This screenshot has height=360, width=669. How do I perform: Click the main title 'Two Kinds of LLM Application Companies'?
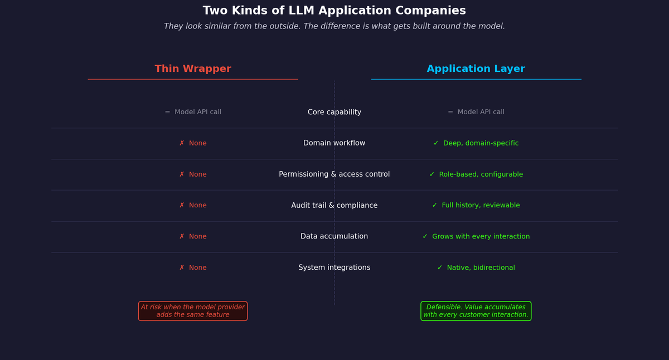(x=334, y=11)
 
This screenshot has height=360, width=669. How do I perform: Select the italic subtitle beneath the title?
(x=334, y=27)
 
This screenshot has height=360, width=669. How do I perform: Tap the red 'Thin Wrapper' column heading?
(x=193, y=69)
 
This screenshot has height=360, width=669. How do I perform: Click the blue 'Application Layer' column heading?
(x=476, y=69)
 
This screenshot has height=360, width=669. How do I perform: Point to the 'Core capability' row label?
(x=334, y=113)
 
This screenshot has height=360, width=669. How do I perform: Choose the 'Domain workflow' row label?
(x=334, y=143)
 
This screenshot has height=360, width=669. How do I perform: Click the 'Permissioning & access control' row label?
(x=334, y=174)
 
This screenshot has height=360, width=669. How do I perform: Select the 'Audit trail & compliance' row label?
(x=334, y=206)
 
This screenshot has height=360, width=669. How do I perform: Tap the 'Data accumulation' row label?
(x=334, y=237)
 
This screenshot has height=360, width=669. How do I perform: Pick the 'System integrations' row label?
(x=334, y=268)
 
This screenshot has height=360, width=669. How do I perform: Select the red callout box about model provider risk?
(x=193, y=311)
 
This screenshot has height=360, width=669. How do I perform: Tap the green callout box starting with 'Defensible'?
(x=476, y=311)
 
